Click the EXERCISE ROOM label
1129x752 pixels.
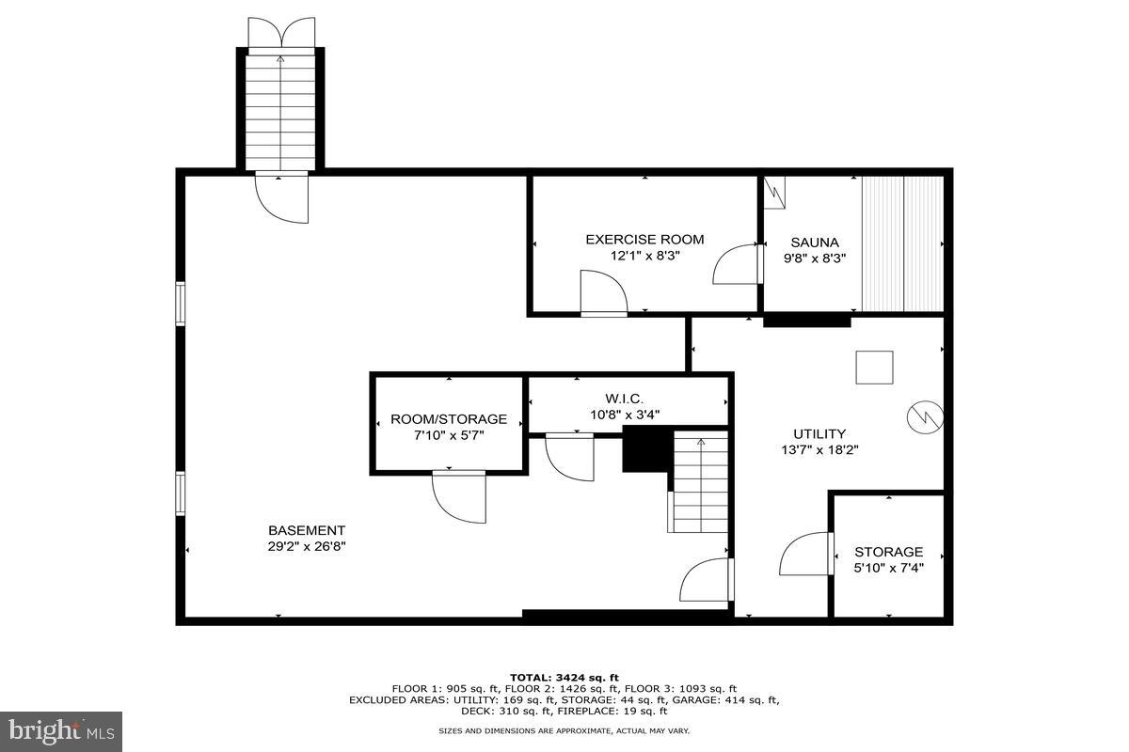pos(644,240)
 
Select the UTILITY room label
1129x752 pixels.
pos(819,433)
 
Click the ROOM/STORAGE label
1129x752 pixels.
pos(448,419)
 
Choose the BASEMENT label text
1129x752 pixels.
pos(307,530)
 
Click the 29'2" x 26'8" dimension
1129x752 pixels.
pos(307,546)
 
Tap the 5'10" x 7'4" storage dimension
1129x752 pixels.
pos(888,568)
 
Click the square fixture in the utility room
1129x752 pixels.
pos(874,368)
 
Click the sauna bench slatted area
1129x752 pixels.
pos(902,243)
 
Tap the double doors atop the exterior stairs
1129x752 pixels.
pos(280,32)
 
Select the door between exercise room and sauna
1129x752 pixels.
pos(738,264)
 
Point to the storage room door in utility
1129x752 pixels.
pos(807,554)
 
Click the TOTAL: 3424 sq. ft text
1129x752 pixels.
pos(564,677)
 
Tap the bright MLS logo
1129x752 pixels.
pos(61,730)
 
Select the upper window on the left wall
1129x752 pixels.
pos(181,303)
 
